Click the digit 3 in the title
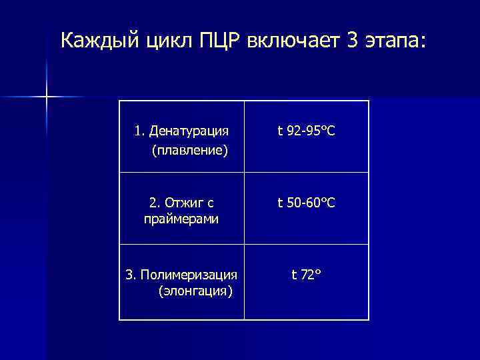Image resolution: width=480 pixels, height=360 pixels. point(352,41)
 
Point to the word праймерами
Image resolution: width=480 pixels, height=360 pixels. point(181,219)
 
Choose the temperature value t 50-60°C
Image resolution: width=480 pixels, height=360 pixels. point(306,201)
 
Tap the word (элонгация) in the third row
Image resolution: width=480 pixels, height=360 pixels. point(195,291)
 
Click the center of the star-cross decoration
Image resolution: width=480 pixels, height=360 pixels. point(47,97)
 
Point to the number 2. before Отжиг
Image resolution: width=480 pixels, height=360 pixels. point(154,201)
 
